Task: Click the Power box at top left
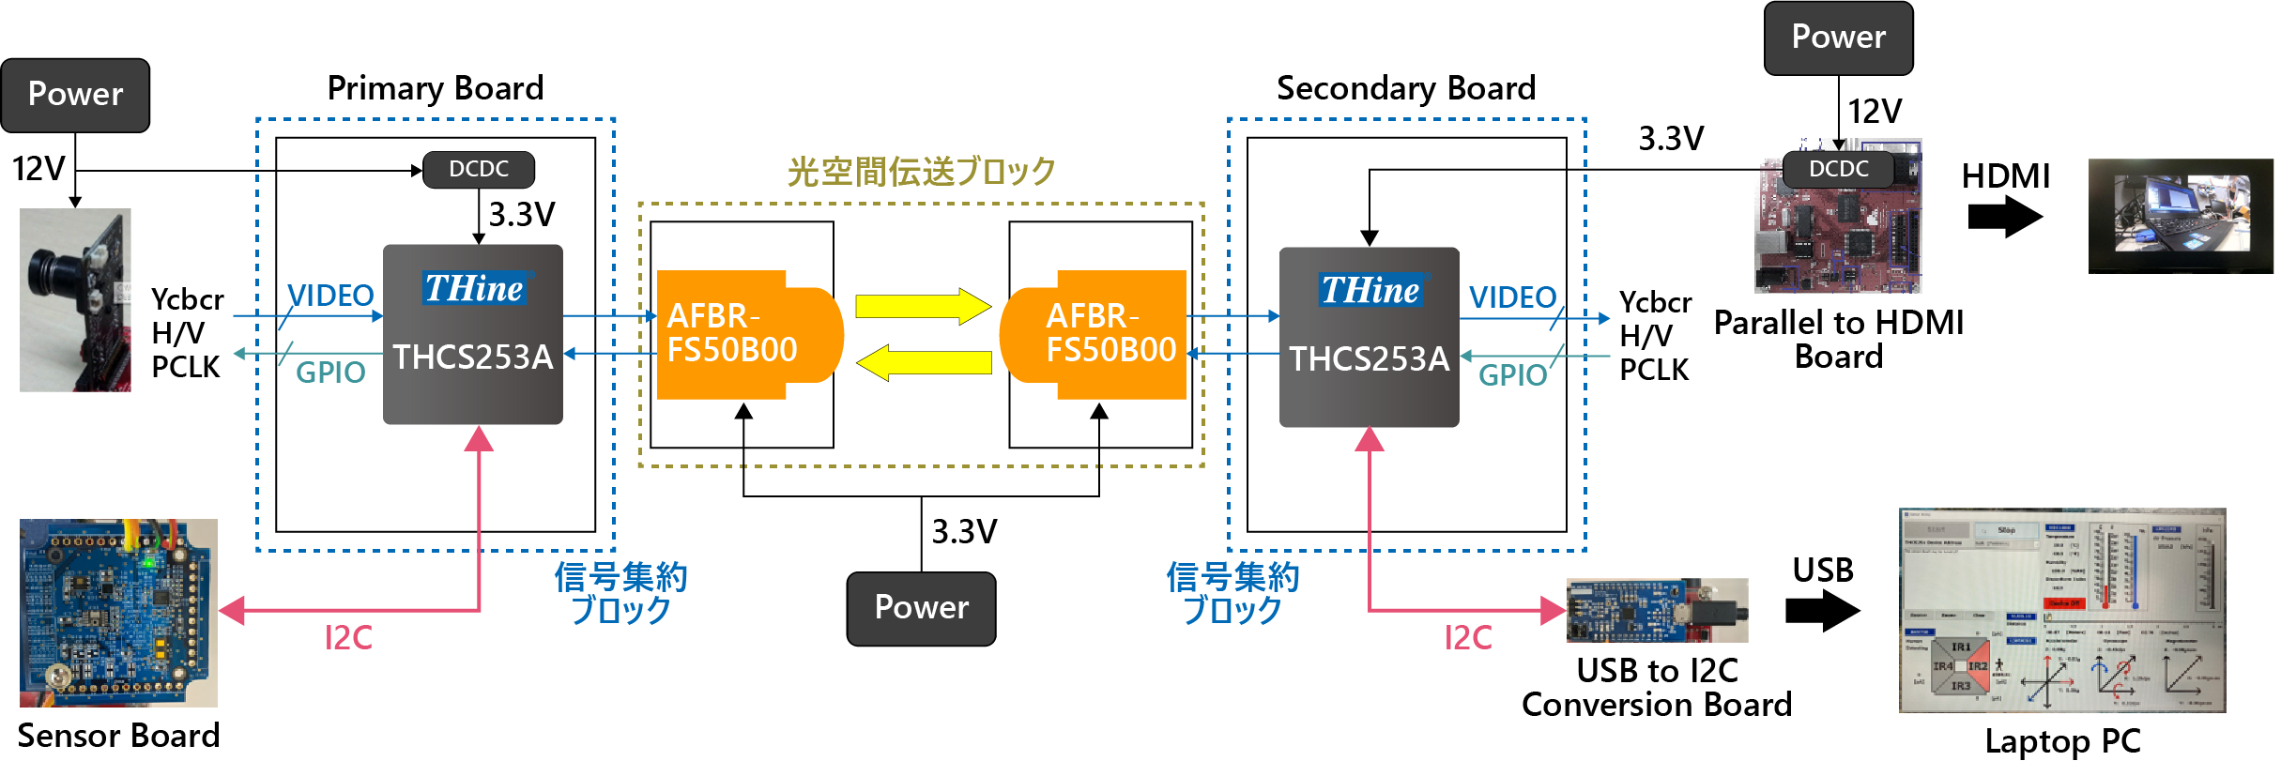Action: (75, 95)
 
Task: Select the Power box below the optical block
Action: (921, 608)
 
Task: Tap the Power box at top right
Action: (1838, 38)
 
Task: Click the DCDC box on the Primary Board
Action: (479, 170)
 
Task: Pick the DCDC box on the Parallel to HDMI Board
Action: (1838, 170)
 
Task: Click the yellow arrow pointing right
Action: (923, 306)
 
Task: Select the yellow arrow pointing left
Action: (925, 362)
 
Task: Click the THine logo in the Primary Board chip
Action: (474, 288)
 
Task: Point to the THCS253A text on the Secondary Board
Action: (1369, 359)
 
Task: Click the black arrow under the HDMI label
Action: (2004, 218)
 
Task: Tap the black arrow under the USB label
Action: (1822, 611)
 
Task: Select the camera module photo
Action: (75, 299)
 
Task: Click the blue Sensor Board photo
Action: (118, 612)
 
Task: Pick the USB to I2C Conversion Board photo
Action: (1657, 611)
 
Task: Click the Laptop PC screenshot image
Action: (2061, 610)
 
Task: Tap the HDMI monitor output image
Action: (2180, 216)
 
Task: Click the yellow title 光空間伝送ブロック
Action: (921, 172)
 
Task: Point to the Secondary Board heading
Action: (1405, 88)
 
